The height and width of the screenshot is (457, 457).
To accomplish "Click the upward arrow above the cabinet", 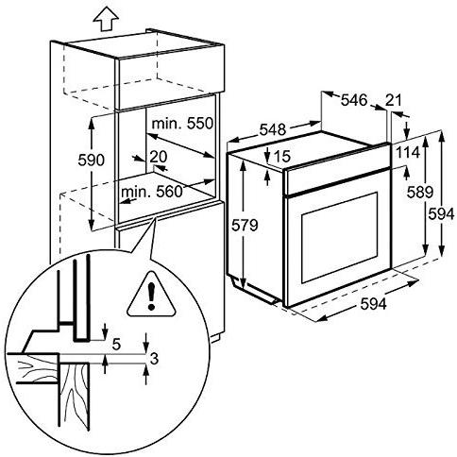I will point(79,18).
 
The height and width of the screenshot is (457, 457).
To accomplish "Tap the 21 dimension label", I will point(394,99).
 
